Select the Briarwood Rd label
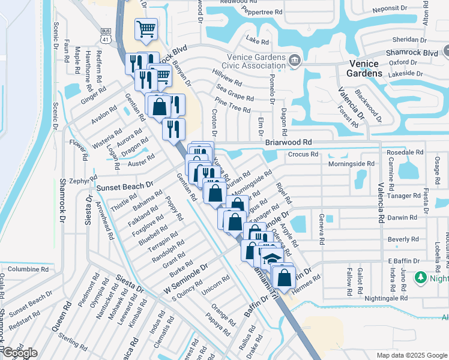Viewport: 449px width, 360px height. [x=289, y=143]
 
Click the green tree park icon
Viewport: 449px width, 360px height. [x=421, y=278]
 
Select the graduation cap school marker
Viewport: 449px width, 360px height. [x=272, y=258]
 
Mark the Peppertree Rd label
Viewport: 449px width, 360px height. [x=262, y=12]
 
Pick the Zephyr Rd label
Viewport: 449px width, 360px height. [x=79, y=180]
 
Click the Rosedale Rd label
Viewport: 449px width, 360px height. [x=405, y=152]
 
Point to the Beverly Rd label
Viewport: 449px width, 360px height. [x=403, y=239]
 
